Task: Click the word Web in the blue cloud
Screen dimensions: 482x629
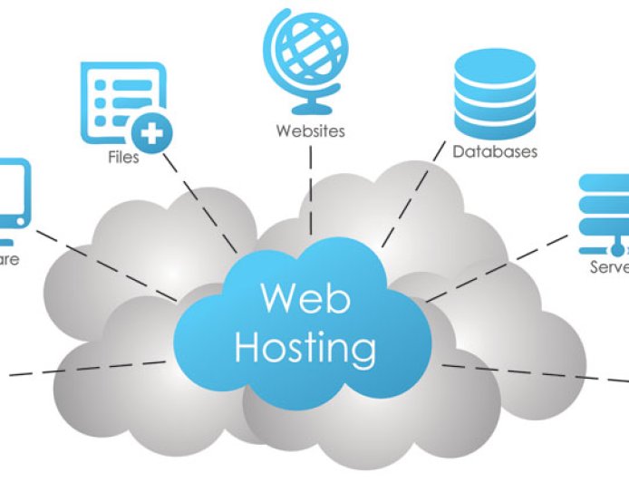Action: pos(305,299)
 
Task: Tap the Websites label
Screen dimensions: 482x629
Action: pos(311,131)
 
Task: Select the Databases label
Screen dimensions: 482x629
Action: pos(495,152)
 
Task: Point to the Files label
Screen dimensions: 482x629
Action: pos(123,158)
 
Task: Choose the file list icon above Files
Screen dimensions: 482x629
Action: pos(123,100)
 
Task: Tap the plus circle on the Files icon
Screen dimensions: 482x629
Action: pos(150,134)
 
